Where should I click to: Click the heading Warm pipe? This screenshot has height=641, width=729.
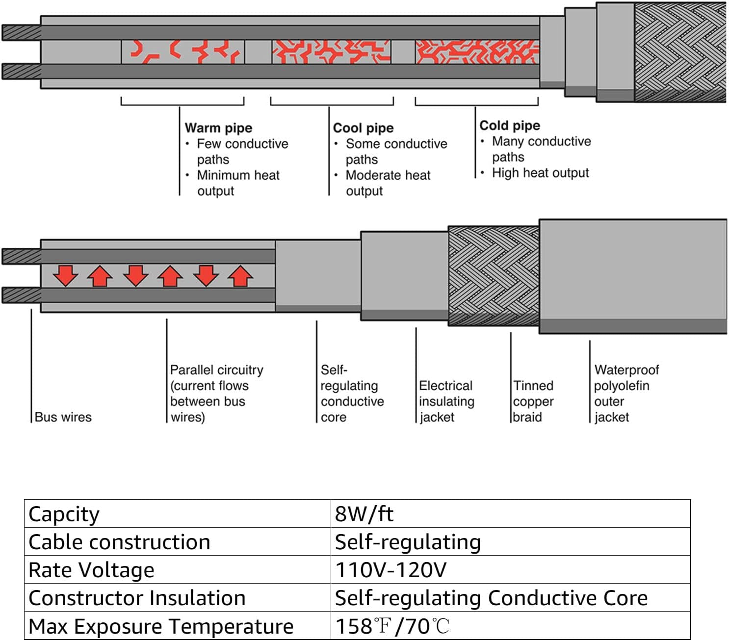coord(218,128)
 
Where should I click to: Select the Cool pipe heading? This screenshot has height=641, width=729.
coord(363,128)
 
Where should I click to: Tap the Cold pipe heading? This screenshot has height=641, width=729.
coord(510,126)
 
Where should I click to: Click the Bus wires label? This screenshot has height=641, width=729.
coord(63,417)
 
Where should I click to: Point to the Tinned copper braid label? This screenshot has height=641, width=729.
coord(533,401)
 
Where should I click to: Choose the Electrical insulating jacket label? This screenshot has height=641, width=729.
coord(446,401)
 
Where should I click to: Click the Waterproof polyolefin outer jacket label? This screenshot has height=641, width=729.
coord(626,394)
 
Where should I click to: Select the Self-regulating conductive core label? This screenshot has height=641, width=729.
coord(352,394)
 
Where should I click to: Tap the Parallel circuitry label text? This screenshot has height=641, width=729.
coord(216,394)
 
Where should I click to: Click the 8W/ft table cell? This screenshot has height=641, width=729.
coord(364,514)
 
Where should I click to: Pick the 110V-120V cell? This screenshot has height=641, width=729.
coord(391,570)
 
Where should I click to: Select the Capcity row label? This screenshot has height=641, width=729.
coord(64,514)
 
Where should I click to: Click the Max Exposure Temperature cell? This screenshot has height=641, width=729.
coord(161,626)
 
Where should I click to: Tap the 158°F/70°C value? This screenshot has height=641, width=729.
coord(392,626)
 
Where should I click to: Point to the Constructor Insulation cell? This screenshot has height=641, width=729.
coord(137,598)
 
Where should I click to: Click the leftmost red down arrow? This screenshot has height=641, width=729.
coord(65,275)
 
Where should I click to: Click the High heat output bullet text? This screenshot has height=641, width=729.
coord(540,173)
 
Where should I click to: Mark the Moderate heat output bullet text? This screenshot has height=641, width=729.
coord(388,183)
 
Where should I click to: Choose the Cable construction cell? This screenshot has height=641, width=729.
coord(120,542)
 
